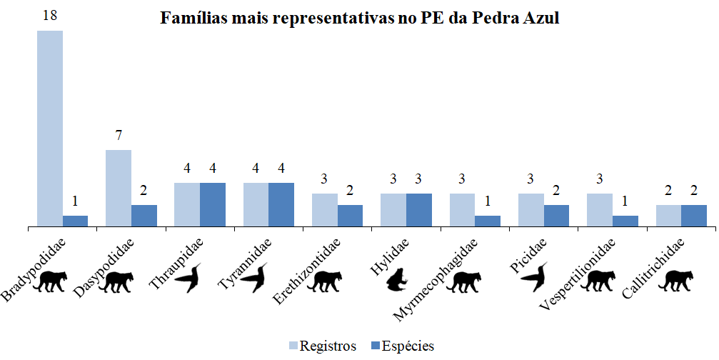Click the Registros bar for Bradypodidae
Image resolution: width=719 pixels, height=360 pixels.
pos(50,129)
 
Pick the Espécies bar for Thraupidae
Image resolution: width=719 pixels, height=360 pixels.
pos(213,205)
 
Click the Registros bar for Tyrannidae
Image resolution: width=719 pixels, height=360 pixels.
pos(256,205)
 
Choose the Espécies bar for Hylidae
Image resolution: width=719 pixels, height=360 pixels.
pos(419,210)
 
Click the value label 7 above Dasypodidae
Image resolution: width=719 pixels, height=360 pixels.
pos(119,136)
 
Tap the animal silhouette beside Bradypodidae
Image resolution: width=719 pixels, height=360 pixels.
pos(54,281)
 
